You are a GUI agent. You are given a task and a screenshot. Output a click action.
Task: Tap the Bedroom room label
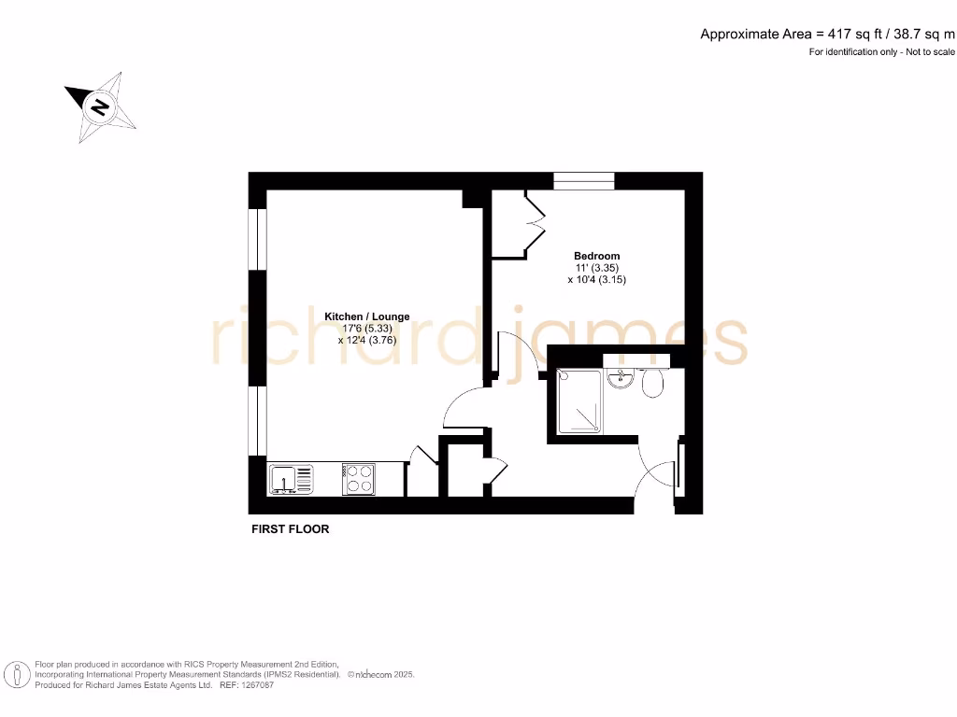coord(596,256)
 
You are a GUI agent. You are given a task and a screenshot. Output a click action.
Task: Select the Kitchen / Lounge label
coord(366,317)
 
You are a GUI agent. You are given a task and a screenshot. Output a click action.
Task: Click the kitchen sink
coord(292,480)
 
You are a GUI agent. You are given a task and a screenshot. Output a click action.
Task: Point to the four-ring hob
coord(358,479)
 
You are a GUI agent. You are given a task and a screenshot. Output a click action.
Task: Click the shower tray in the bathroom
coord(581,402)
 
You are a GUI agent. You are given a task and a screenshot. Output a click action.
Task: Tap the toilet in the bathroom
coord(651,383)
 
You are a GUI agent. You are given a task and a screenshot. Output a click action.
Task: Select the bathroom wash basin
coord(620,380)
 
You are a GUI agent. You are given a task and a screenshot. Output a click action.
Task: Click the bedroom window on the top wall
coord(583,181)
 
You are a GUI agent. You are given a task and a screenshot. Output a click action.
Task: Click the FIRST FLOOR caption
coord(291,529)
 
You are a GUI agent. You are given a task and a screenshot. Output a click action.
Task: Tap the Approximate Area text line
coord(828,34)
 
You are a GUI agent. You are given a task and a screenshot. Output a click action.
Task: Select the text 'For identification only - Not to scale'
coord(882,52)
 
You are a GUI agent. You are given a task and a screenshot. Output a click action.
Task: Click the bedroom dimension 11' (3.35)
coord(596,267)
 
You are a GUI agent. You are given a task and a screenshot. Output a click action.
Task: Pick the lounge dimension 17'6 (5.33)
coord(366,329)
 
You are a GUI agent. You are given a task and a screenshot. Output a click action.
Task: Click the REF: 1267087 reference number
coord(246,685)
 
